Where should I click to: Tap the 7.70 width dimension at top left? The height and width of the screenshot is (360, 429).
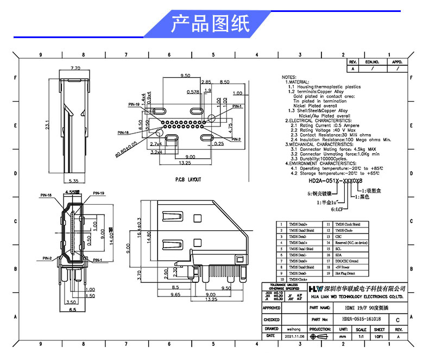[75, 68]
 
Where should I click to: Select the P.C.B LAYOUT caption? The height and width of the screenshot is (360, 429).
[188, 179]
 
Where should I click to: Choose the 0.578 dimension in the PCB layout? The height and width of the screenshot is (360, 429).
[193, 92]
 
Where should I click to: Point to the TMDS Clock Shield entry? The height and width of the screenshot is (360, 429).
[347, 224]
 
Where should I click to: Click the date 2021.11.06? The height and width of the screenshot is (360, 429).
[294, 337]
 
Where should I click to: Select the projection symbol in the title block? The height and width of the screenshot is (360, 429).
[319, 337]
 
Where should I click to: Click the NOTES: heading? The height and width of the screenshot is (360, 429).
[289, 77]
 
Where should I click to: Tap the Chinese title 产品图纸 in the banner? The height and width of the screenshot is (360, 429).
[210, 24]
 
